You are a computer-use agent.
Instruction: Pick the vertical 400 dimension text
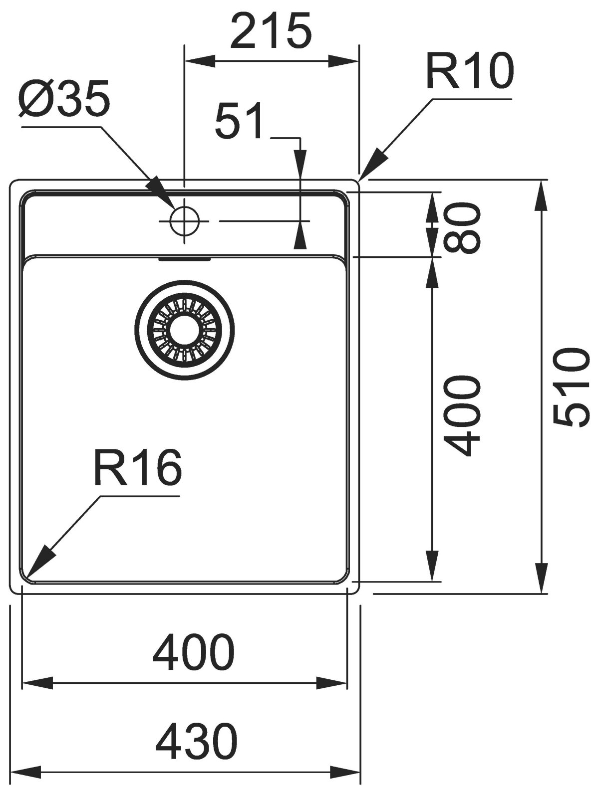pos(462,417)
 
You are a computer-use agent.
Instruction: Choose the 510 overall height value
pos(569,388)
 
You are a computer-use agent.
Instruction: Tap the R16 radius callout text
pos(136,468)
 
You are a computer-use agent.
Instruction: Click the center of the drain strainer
pos(185,331)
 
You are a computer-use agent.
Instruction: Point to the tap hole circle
pos(185,221)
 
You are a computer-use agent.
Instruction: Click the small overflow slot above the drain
pos(185,259)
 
